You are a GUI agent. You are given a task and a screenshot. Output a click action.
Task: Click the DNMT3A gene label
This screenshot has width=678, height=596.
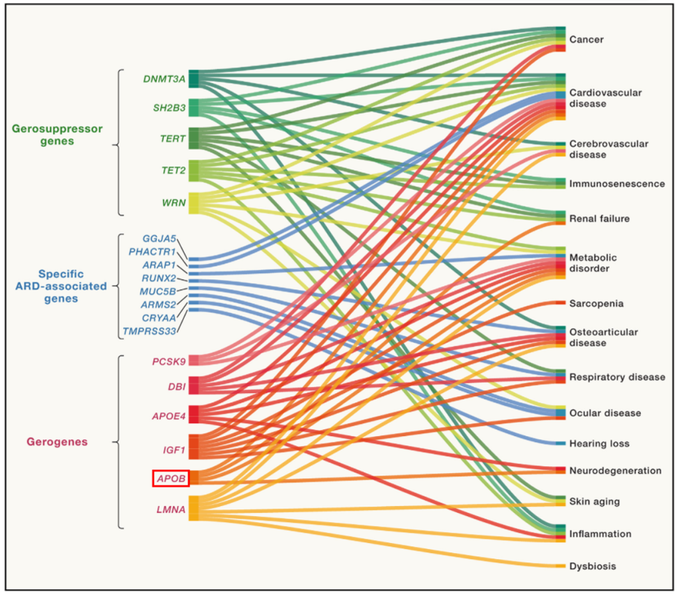click(164, 79)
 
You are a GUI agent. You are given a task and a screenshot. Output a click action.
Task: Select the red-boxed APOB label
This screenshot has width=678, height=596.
click(171, 478)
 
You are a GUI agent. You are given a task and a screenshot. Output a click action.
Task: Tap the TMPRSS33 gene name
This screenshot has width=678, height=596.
click(149, 331)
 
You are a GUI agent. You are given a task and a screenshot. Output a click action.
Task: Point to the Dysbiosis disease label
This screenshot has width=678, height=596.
click(593, 566)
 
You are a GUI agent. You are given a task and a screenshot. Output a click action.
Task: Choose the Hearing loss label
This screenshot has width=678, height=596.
click(599, 444)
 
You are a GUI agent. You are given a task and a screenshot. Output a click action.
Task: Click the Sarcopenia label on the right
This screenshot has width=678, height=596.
click(597, 304)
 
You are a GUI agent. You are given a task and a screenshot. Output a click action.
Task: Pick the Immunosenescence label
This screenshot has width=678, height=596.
click(617, 184)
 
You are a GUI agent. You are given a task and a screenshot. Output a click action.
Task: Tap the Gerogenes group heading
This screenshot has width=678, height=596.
click(57, 442)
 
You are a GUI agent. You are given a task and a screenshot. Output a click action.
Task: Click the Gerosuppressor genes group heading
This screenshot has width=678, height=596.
click(57, 135)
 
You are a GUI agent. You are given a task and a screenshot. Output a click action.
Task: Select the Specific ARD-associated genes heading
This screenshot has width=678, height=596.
click(61, 286)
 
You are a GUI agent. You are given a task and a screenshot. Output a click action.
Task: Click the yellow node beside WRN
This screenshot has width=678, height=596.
click(194, 203)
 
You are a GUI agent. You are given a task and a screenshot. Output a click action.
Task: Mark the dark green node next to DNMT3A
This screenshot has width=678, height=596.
click(194, 79)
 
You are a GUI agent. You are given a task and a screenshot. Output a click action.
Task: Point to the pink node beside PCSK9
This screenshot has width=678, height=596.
click(194, 361)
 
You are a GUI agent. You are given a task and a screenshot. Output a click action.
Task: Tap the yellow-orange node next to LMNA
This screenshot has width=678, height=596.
click(194, 508)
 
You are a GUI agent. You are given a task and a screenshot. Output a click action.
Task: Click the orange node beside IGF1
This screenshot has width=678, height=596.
click(194, 447)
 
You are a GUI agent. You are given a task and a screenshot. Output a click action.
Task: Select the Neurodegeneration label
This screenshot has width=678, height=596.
click(615, 471)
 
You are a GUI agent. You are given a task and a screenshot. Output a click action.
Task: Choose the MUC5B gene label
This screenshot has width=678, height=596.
click(158, 292)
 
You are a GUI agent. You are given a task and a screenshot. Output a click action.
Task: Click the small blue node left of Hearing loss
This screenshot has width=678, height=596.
click(560, 444)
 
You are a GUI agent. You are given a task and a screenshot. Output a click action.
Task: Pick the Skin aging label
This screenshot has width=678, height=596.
click(595, 502)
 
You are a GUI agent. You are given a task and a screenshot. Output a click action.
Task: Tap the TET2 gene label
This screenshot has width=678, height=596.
click(173, 171)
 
